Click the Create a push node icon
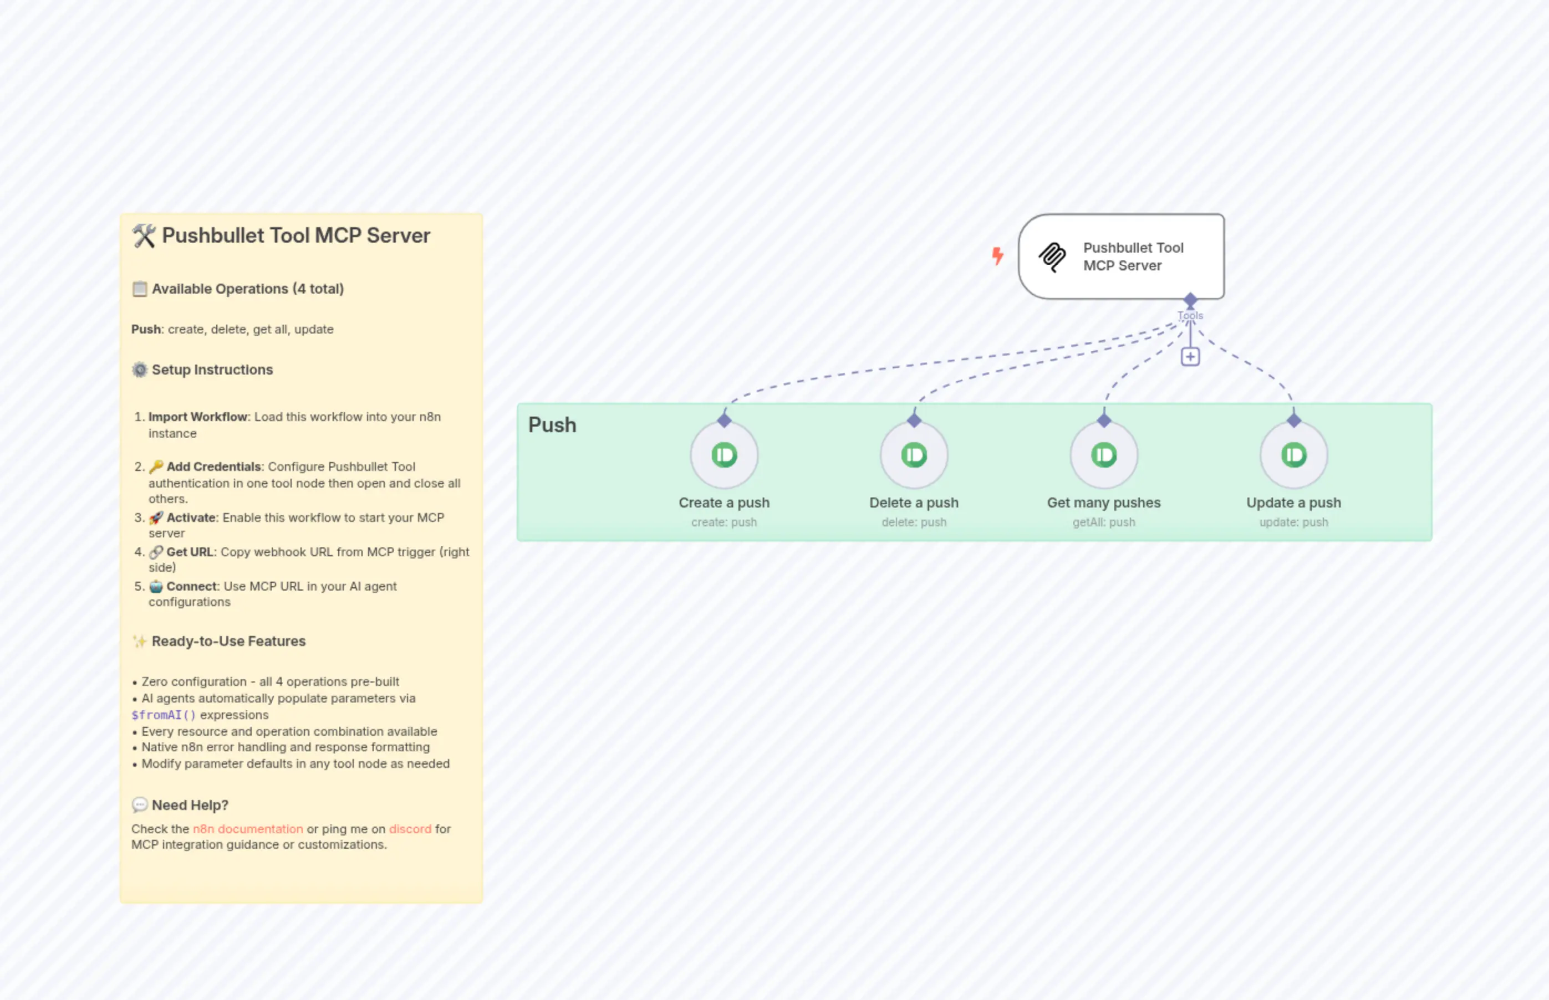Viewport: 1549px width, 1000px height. click(x=724, y=455)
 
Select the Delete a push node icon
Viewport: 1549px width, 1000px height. click(x=914, y=455)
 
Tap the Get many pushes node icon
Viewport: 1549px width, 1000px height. click(x=1103, y=455)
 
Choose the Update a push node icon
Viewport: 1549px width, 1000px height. click(x=1293, y=455)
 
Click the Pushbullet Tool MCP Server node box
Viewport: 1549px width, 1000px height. click(x=1121, y=257)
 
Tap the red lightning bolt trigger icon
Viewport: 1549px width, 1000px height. click(x=997, y=256)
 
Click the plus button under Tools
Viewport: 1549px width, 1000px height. click(x=1190, y=356)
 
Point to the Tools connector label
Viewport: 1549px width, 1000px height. click(x=1190, y=316)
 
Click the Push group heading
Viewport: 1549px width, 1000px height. click(x=552, y=425)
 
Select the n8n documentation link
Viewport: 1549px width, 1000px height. click(x=248, y=829)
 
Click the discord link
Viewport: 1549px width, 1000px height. click(x=410, y=829)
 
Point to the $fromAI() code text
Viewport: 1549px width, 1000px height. click(x=163, y=715)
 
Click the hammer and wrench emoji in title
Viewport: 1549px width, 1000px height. click(x=144, y=235)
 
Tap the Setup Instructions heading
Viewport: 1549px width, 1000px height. click(x=212, y=370)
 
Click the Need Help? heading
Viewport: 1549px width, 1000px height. click(x=190, y=805)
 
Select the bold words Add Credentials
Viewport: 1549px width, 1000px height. click(x=214, y=466)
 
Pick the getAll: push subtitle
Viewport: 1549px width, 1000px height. click(x=1103, y=522)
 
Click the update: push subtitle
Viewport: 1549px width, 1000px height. click(x=1293, y=522)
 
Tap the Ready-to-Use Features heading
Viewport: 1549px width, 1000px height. click(x=228, y=641)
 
